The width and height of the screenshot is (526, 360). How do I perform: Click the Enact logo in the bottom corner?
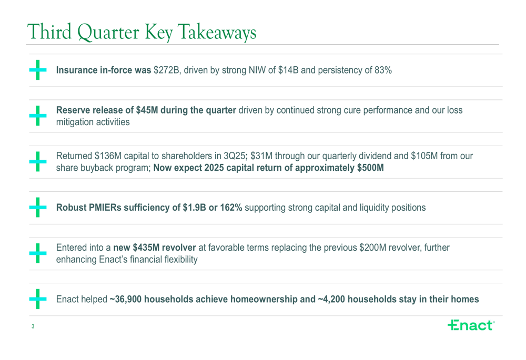point(471,325)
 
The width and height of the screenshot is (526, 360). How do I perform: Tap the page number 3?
point(33,327)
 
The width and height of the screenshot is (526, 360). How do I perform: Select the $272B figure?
point(166,70)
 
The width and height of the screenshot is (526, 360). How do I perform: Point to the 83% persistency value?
point(383,70)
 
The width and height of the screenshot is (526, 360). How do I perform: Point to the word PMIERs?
point(106,208)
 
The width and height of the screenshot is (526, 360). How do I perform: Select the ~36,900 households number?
point(125,300)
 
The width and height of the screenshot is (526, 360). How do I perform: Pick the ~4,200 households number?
point(331,300)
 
